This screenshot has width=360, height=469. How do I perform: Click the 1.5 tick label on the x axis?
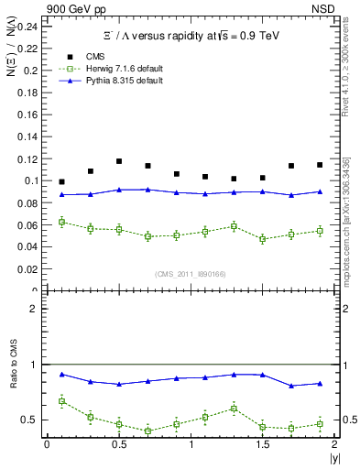[263, 443]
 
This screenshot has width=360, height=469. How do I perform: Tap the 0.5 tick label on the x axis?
[119, 443]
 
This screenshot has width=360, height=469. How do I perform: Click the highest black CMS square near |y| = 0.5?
[119, 161]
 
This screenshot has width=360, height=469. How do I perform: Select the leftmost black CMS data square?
[61, 182]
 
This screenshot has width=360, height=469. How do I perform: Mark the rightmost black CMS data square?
[320, 165]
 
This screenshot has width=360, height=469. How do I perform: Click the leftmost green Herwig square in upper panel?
[61, 222]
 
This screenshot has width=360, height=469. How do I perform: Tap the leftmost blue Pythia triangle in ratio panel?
[61, 374]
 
